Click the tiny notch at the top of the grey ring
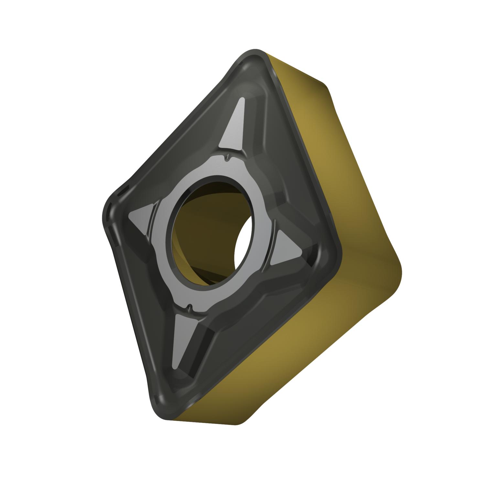228,158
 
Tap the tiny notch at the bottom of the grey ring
190,306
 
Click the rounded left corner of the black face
105,213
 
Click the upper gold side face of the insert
310,129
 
